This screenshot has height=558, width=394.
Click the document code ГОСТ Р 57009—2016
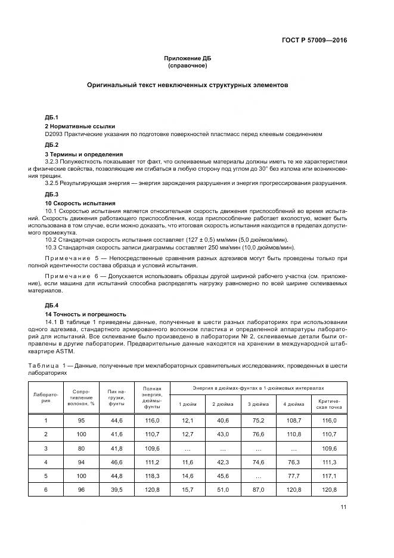[x=315, y=41]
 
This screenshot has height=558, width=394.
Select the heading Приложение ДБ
[x=188, y=58]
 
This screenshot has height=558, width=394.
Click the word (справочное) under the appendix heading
[x=188, y=66]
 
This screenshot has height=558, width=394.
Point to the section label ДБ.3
[x=52, y=195]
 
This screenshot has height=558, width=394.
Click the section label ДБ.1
[x=52, y=118]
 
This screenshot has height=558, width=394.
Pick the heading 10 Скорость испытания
[x=80, y=204]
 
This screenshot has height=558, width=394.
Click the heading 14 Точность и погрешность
[x=86, y=314]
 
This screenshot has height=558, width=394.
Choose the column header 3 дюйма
[x=258, y=405]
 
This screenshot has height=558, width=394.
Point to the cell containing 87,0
[x=258, y=489]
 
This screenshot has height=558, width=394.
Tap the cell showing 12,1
[x=186, y=421]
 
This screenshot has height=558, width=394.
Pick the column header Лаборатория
[x=46, y=397]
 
